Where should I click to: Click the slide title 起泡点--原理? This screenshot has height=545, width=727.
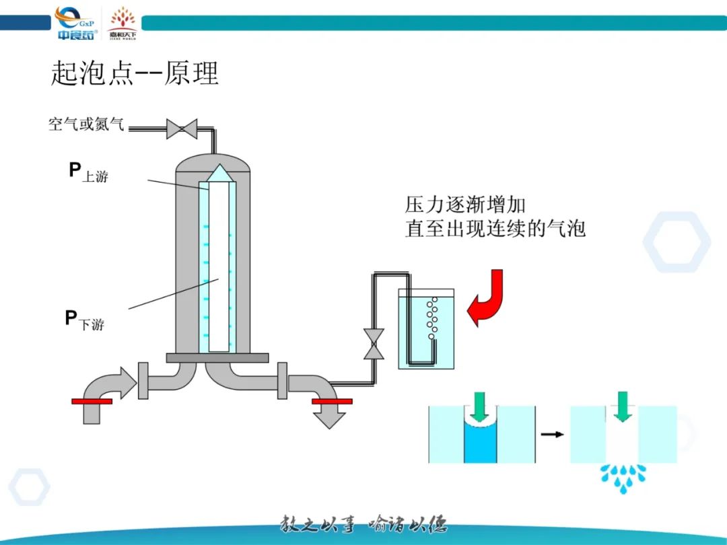point(135,73)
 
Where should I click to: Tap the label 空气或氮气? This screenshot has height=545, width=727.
point(86,124)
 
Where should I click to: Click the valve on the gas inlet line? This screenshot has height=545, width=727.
point(182,129)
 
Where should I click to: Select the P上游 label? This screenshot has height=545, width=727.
point(88,172)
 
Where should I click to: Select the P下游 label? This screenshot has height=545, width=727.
point(84,320)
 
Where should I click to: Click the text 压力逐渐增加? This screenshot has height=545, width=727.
point(465,204)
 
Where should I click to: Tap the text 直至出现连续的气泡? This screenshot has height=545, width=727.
point(495,228)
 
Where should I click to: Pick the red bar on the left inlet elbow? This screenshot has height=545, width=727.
point(92,401)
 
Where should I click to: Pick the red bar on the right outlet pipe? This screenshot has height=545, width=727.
point(332,401)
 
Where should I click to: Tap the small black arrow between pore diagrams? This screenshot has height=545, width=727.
point(553,434)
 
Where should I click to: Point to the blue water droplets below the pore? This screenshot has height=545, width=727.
point(623,475)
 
